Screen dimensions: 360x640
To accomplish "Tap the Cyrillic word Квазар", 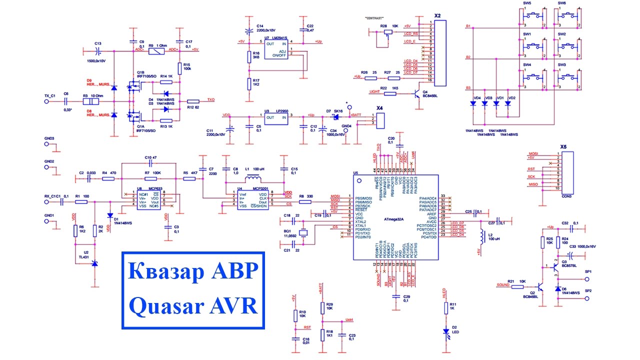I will [x=165, y=272].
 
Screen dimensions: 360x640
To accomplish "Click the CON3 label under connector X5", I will [x=566, y=196].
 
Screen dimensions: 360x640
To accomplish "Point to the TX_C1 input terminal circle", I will [x=46, y=101].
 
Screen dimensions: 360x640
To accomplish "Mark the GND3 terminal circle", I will [x=46, y=144].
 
